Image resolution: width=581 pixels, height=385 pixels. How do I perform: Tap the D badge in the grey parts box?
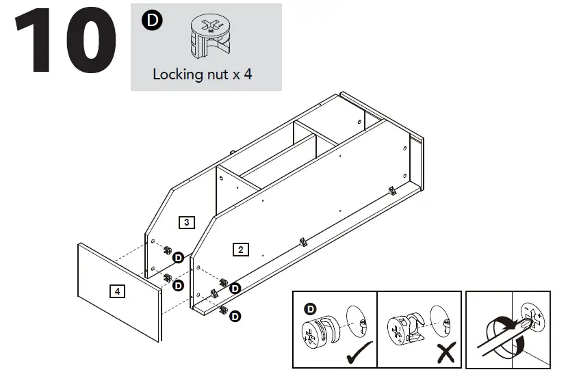tap(152, 21)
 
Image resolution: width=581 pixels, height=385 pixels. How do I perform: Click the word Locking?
tap(177, 75)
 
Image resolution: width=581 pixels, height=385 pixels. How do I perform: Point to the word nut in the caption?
tap(218, 75)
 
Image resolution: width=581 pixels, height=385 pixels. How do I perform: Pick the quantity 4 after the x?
tap(248, 75)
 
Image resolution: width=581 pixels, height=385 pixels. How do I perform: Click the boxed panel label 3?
tap(186, 222)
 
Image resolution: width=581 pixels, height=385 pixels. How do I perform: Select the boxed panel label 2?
tap(240, 249)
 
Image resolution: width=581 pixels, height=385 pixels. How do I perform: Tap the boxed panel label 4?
tap(118, 291)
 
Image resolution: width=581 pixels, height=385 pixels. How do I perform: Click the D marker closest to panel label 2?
tap(235, 288)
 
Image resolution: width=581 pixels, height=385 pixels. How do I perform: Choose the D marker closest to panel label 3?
tap(178, 257)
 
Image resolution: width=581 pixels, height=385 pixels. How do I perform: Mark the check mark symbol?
tap(359, 354)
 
